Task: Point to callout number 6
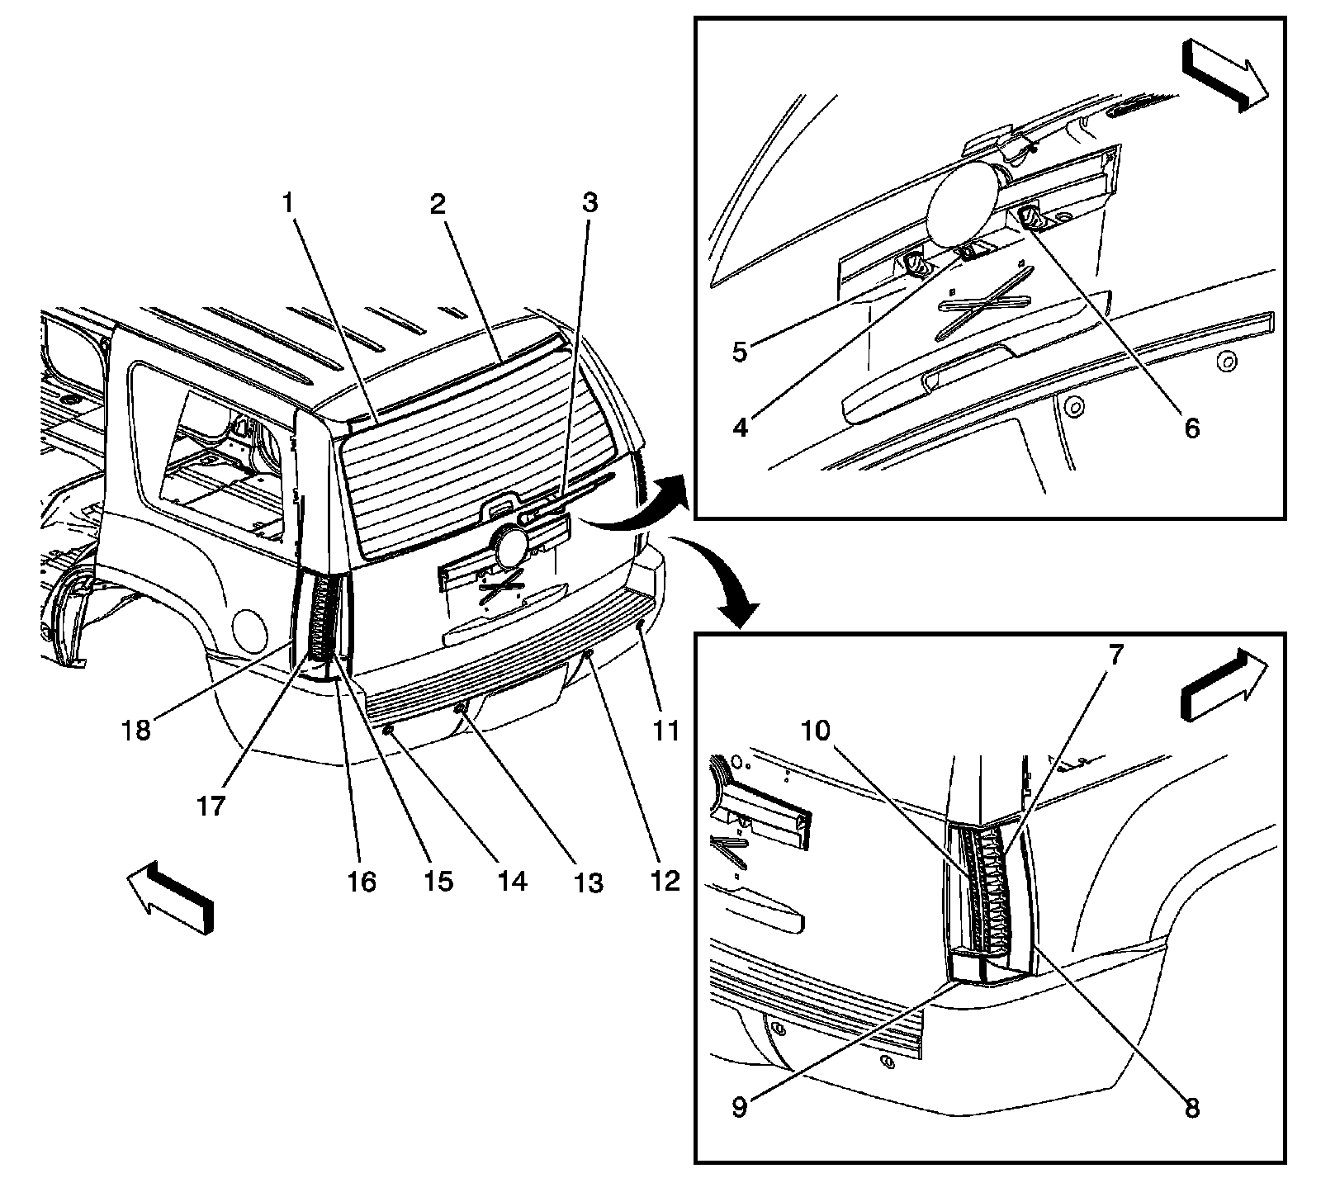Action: pos(1191,428)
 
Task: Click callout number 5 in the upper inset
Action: pos(740,351)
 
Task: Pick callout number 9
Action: pos(740,1105)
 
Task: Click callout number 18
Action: pos(138,729)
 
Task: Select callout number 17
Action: pos(211,804)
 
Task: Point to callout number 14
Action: pos(511,880)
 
